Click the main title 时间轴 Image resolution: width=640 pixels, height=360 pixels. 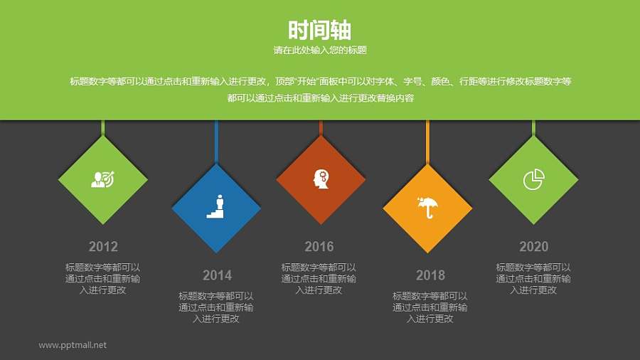click(319, 30)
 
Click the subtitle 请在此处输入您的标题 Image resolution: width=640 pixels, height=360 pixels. click(319, 51)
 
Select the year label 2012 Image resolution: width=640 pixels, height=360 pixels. click(103, 247)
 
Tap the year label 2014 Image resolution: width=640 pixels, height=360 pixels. click(217, 275)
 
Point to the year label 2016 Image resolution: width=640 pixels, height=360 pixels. click(319, 247)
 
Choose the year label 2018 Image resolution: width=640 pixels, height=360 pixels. click(430, 275)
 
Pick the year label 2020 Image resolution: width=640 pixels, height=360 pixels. click(533, 247)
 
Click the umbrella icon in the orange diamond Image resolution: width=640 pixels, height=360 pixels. click(427, 208)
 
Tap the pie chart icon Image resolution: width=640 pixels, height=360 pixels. click(533, 179)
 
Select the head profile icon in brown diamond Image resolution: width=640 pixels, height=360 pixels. click(321, 179)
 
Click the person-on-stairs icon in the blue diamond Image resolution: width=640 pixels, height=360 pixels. click(217, 206)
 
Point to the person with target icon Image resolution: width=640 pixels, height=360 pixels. click(103, 179)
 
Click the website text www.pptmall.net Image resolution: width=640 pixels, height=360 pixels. click(73, 345)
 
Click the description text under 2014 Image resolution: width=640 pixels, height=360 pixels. click(216, 307)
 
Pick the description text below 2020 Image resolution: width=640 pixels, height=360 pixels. click(533, 279)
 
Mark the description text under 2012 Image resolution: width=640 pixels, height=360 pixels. click(103, 279)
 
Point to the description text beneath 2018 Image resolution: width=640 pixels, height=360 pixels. click(430, 307)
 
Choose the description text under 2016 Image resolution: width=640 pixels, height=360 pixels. click(319, 279)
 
